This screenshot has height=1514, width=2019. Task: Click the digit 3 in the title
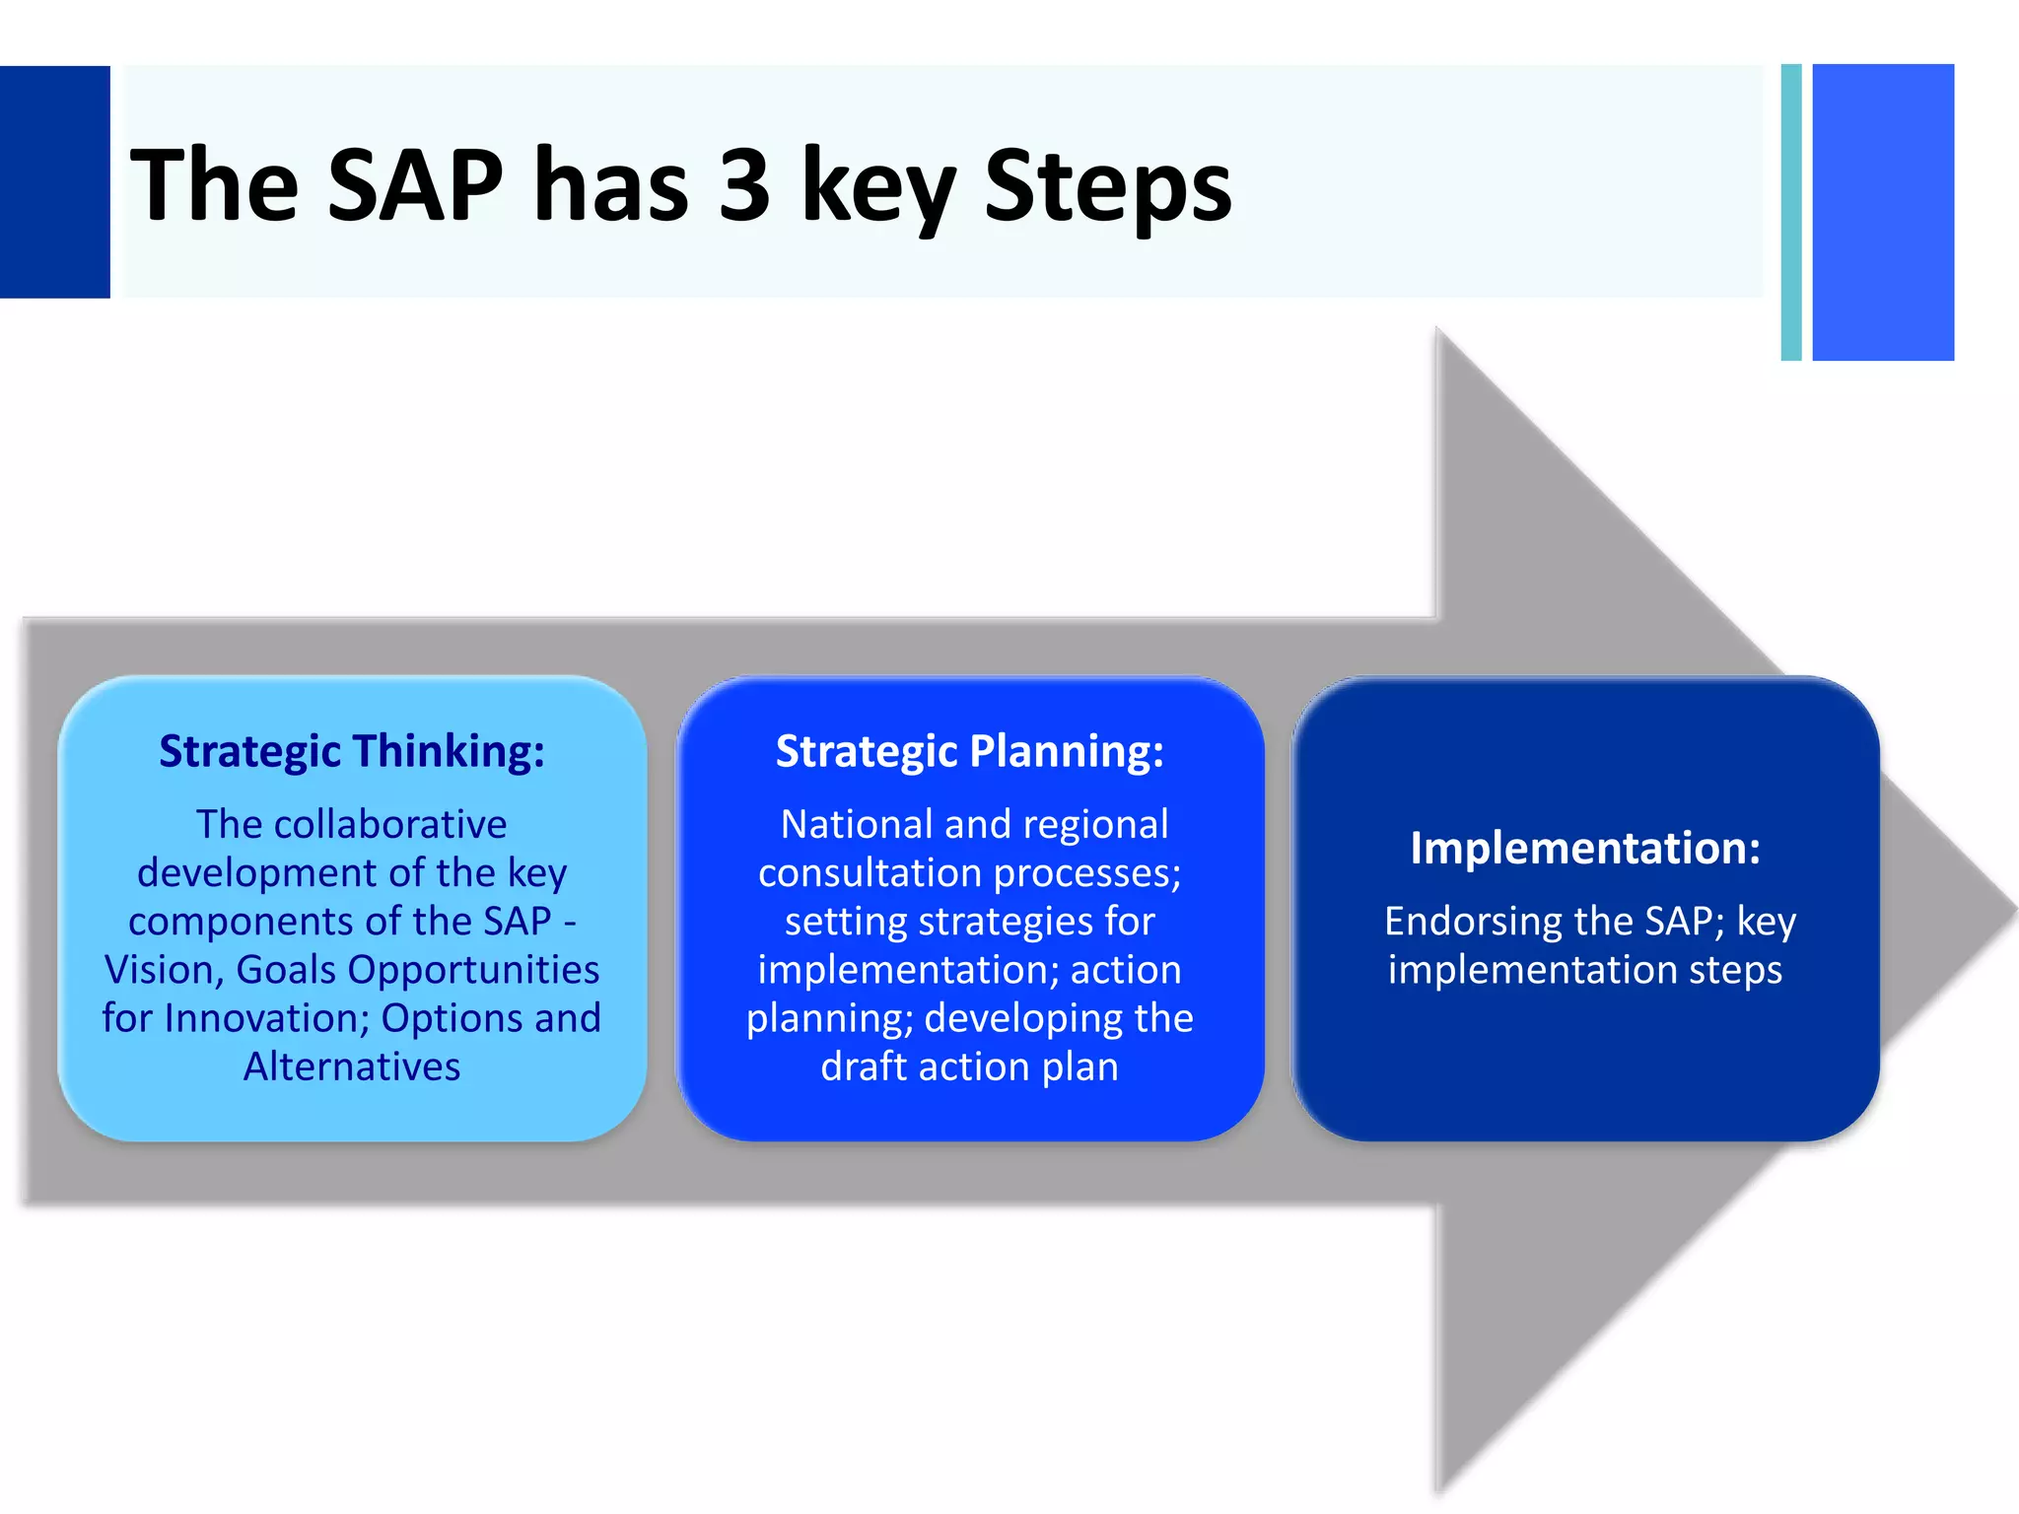tap(744, 184)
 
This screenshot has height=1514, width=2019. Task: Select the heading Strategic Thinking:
tap(352, 751)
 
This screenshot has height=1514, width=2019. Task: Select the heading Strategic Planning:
tap(969, 751)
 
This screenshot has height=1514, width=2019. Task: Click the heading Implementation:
tap(1585, 848)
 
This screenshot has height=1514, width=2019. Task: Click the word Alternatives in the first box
tap(352, 1067)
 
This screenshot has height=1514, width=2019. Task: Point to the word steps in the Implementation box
tap(1735, 970)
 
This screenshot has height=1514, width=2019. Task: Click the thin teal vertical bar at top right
tap(1791, 212)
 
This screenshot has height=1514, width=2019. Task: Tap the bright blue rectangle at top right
tap(1883, 212)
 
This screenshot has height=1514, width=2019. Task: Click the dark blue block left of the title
tap(54, 182)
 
